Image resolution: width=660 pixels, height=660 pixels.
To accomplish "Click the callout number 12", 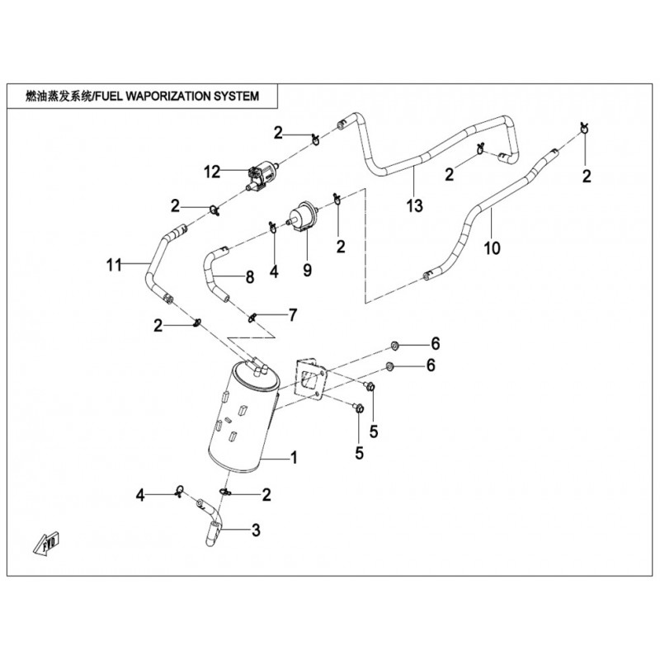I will pos(213,172).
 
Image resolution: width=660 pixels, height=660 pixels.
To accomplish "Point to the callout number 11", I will pos(114,265).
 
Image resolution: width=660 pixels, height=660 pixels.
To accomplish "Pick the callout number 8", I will pos(248,278).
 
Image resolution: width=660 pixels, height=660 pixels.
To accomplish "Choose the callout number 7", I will pos(291,314).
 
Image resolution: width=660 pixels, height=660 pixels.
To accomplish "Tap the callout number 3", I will pos(255,530).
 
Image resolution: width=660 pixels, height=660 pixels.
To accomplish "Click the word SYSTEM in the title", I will pos(237,96).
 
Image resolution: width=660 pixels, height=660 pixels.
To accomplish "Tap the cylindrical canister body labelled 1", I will pos(239,421).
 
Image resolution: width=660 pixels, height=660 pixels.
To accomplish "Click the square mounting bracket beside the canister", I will pos(312,382).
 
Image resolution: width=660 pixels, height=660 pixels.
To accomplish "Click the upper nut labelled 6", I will pos(394,343).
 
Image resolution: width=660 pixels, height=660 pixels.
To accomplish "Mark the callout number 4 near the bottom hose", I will pos(141,495).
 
